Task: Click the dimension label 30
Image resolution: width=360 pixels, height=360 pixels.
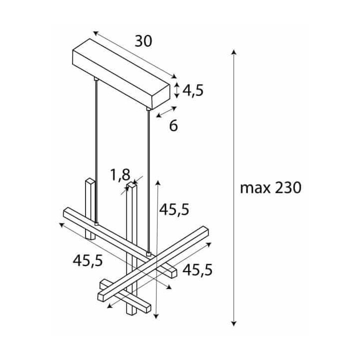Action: [143, 41]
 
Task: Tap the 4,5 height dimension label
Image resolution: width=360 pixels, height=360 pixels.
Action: [193, 90]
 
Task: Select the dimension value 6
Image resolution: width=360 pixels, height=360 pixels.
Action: [173, 126]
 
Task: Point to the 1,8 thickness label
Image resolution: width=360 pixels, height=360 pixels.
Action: [120, 175]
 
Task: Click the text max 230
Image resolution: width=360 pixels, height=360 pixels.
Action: [270, 188]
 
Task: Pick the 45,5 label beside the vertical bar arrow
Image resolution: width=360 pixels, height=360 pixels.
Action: [174, 209]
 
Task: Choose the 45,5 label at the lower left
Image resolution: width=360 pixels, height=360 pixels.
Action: [87, 261]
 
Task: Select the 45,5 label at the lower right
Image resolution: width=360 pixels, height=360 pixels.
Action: [197, 270]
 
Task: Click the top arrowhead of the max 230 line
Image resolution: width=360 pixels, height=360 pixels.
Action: [233, 52]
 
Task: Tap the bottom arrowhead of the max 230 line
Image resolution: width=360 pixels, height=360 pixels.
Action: [233, 323]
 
